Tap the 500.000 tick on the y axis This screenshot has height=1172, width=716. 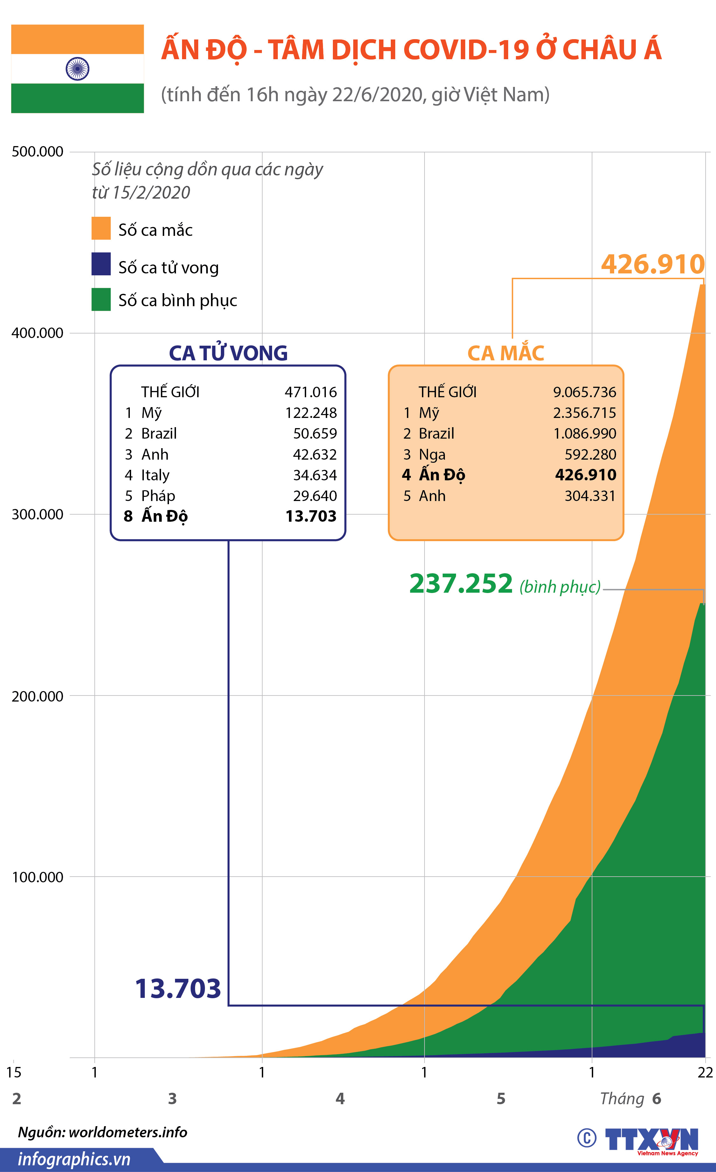coord(38,152)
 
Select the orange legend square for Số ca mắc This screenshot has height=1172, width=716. coord(101,228)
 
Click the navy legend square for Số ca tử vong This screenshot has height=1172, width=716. coord(101,264)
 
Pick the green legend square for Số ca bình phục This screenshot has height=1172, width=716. coord(101,299)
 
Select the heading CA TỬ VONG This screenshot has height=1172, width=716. coord(228,353)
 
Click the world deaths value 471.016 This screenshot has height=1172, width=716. coord(311,392)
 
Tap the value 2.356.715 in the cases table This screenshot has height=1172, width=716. coord(584,413)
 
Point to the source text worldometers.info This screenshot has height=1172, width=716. coord(128,1132)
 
